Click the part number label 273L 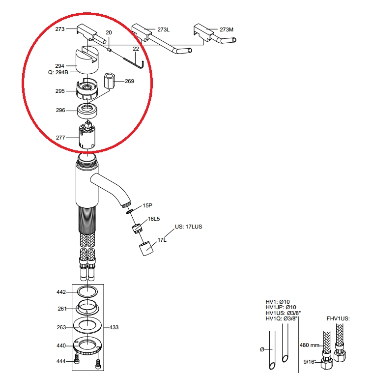164,29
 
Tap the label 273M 227,29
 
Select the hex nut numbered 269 109,81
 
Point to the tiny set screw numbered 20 109,50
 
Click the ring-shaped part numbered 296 87,111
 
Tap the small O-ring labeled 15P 130,211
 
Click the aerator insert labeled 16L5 137,229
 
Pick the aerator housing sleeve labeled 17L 146,249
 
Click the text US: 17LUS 188,227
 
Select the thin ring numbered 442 87,291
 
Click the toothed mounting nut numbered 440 87,346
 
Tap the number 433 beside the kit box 114,327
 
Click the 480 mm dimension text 309,345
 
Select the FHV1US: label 338,318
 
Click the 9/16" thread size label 310,362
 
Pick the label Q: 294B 58,72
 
